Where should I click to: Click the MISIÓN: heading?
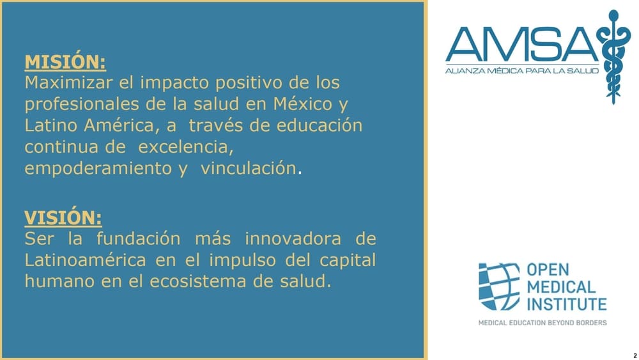(x=65, y=62)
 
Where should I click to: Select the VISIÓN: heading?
(x=63, y=217)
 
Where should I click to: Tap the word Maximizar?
(x=68, y=82)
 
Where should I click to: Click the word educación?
(x=319, y=125)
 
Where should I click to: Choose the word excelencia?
(x=186, y=147)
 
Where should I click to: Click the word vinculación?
(x=248, y=168)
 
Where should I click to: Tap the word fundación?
(x=139, y=239)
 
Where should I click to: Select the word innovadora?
(x=293, y=239)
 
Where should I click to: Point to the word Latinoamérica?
(x=85, y=260)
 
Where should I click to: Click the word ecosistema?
(x=197, y=281)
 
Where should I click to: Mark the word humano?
(x=59, y=281)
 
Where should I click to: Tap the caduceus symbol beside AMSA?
(x=613, y=57)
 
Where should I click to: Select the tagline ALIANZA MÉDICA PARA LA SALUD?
(x=522, y=71)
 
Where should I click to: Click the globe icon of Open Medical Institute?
(x=499, y=286)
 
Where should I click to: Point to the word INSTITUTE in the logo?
(x=567, y=304)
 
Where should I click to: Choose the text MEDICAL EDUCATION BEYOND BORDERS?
(x=543, y=323)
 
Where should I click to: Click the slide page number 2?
(x=635, y=356)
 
